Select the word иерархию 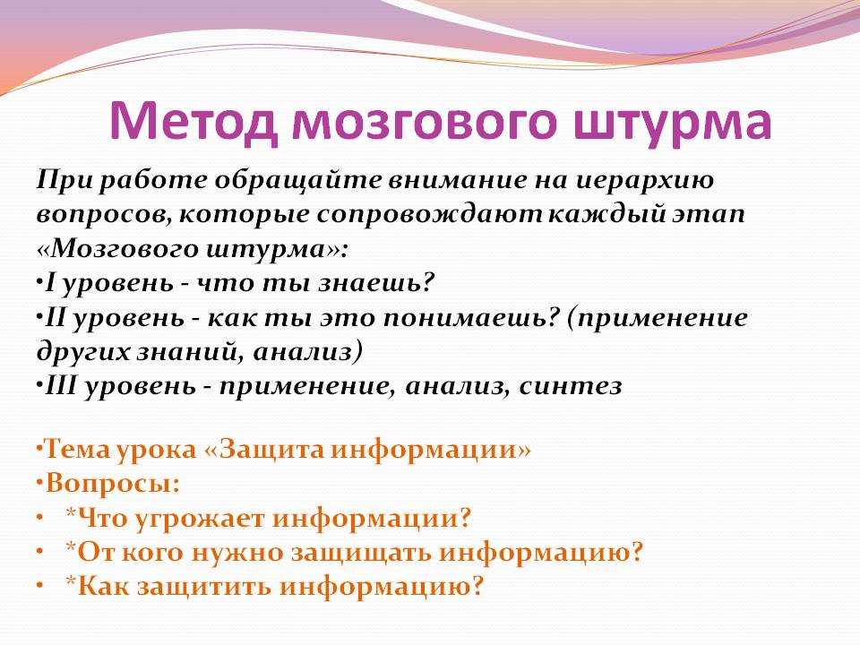[x=646, y=181]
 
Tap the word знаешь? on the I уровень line [x=377, y=284]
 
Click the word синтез [x=571, y=386]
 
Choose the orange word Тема [x=76, y=449]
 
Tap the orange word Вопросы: [x=113, y=483]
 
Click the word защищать [x=361, y=553]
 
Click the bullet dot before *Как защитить [x=40, y=586]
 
